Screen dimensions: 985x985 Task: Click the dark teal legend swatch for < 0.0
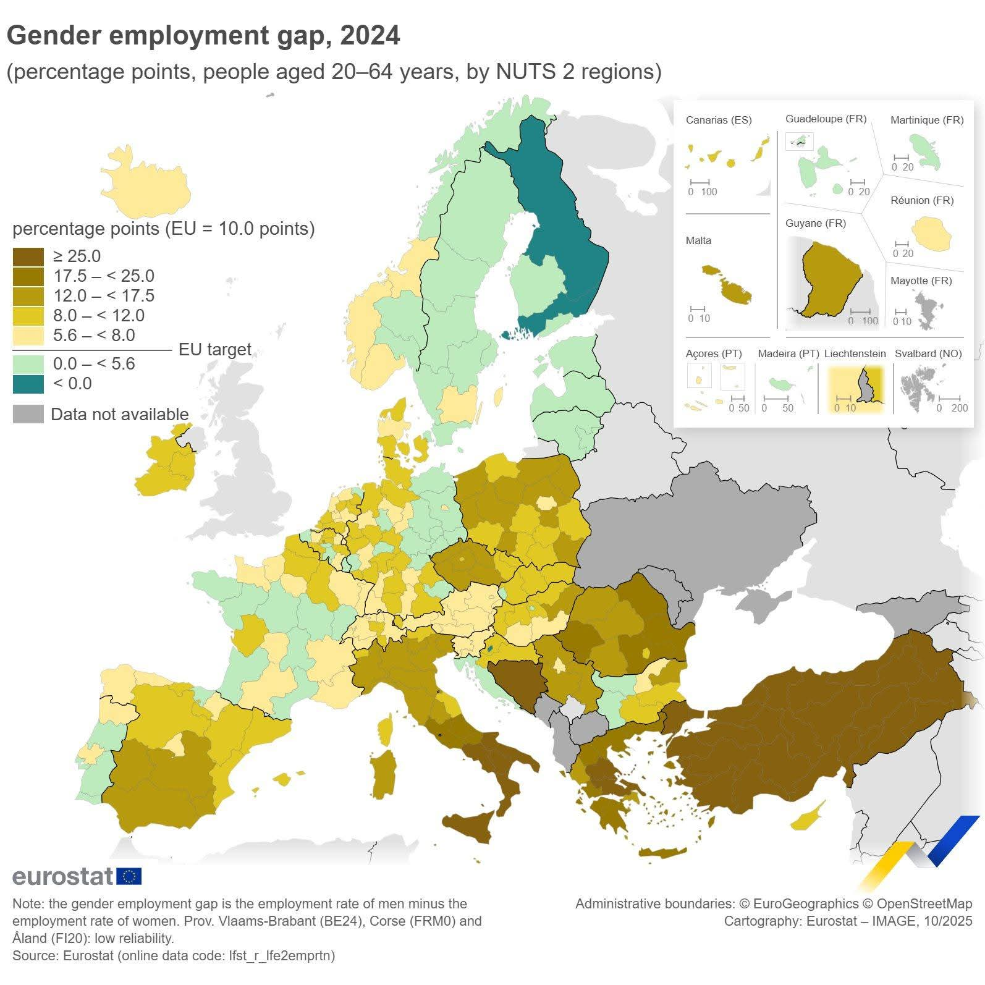(28, 384)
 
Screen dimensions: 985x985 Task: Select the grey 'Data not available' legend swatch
(28, 414)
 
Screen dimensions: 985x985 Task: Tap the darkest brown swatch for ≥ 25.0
(28, 256)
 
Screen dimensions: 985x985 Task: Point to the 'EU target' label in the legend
(214, 350)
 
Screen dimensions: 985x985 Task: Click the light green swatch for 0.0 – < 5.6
(28, 364)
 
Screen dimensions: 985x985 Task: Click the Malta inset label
(698, 240)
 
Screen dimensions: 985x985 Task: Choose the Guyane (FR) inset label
(815, 223)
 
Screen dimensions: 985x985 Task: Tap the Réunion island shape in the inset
(931, 233)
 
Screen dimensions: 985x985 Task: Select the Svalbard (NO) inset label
(928, 353)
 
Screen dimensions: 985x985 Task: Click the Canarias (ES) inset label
(719, 120)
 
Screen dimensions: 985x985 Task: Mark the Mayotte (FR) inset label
(921, 281)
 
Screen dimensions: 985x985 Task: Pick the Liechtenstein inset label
(855, 353)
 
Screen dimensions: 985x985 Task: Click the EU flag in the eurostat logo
(129, 876)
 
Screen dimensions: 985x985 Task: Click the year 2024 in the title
(370, 36)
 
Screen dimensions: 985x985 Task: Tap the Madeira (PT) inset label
(788, 353)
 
